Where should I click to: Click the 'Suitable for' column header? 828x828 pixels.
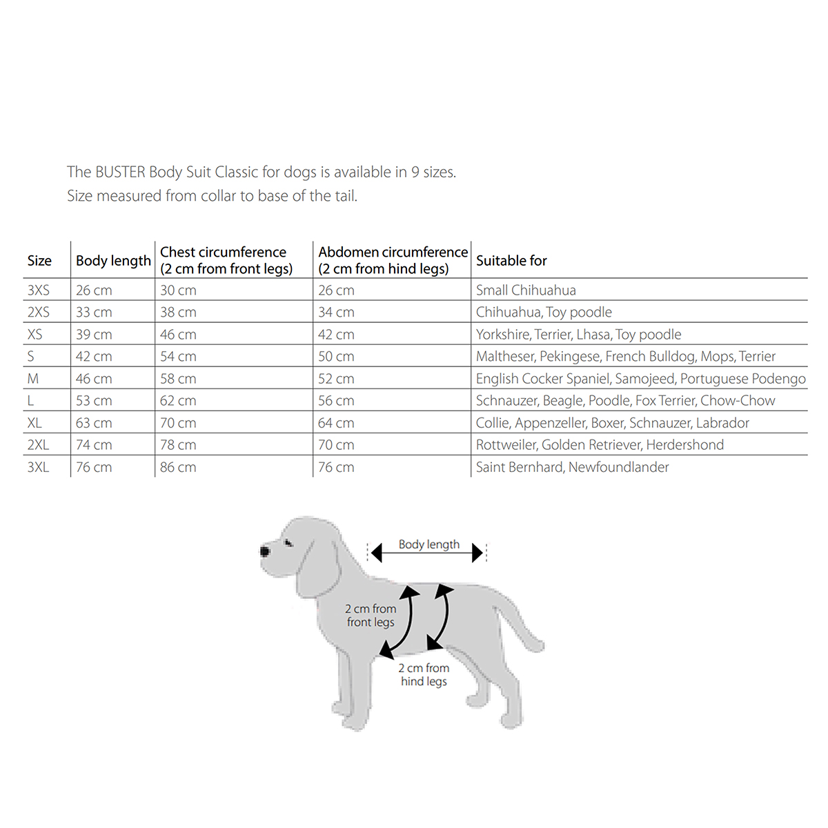tap(511, 261)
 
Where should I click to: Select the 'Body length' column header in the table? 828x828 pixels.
tap(113, 261)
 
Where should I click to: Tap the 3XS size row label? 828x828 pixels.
tap(39, 290)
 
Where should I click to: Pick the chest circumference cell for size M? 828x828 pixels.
tap(178, 379)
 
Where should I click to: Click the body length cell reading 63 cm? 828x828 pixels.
tap(94, 423)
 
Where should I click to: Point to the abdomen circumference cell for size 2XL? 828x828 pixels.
tap(336, 445)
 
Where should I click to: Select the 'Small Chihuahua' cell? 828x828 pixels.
tap(526, 290)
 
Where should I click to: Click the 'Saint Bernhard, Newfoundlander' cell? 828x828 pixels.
tap(572, 467)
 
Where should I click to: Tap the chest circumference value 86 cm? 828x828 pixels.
tap(178, 467)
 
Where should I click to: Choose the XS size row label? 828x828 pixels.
tap(35, 335)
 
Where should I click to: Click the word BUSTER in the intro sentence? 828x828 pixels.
tap(120, 172)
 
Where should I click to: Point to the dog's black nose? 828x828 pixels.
tap(265, 551)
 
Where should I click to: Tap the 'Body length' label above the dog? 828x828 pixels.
tap(428, 544)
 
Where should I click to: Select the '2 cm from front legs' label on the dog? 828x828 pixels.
tap(371, 615)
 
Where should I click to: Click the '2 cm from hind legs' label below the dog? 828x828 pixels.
tap(424, 675)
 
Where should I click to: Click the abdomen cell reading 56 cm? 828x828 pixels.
tap(336, 401)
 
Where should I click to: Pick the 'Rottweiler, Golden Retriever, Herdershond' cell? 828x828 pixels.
tap(600, 445)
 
